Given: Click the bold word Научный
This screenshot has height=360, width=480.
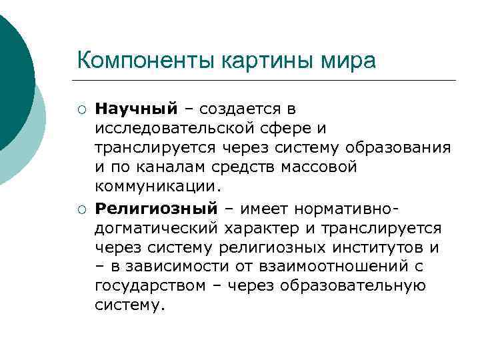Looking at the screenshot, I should pos(136,108).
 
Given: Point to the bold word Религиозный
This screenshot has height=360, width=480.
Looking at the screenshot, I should pos(156,209).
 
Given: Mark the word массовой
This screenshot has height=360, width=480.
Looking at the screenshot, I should pos(323,167).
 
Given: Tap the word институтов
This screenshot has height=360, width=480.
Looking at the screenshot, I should pos(378,248).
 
